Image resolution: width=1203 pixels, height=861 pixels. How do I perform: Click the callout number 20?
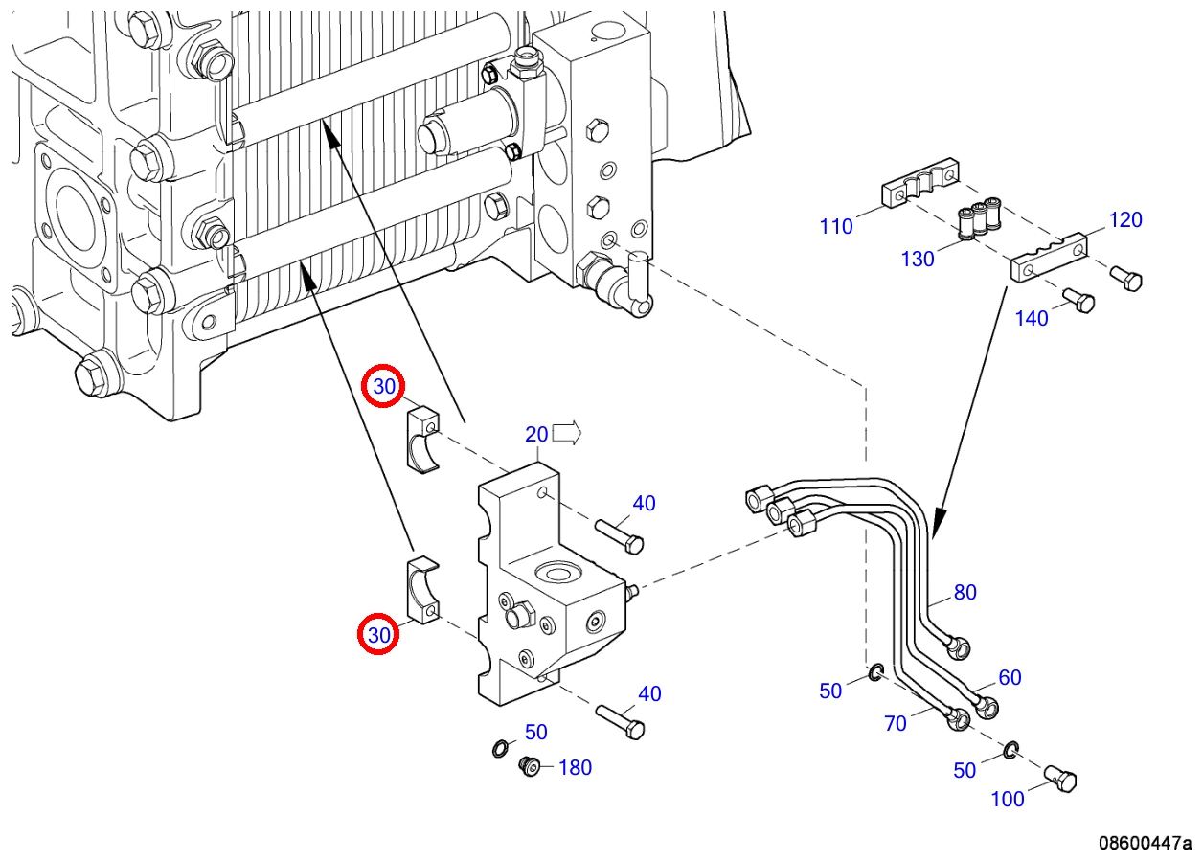coord(536,434)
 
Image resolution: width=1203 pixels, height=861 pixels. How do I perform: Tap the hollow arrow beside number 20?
coord(567,432)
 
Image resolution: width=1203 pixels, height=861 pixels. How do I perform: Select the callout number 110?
coord(835,226)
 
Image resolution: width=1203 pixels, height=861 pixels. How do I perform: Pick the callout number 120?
coord(1125,219)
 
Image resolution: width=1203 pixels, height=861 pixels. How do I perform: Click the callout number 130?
coord(918,259)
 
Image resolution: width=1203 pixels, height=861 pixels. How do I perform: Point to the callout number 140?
coord(1032,319)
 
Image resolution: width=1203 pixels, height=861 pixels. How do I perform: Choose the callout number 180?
coord(576,767)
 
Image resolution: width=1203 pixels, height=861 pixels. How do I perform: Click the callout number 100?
coord(1007,800)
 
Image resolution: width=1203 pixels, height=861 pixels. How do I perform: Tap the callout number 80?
coord(965,592)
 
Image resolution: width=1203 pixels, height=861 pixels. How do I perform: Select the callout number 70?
coord(896,723)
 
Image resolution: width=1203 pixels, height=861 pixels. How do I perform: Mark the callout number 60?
coord(1010,677)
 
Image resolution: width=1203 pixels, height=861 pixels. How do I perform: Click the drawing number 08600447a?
coord(1145,843)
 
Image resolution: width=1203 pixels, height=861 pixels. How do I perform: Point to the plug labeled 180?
coord(530,766)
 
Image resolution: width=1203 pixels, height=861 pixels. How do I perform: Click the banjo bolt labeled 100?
coord(1060,779)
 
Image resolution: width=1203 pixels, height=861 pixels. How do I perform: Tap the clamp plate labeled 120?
coord(1049,257)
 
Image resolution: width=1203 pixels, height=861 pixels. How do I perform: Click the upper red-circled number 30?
coord(383,386)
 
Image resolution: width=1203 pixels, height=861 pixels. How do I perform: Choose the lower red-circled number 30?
coord(378,635)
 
